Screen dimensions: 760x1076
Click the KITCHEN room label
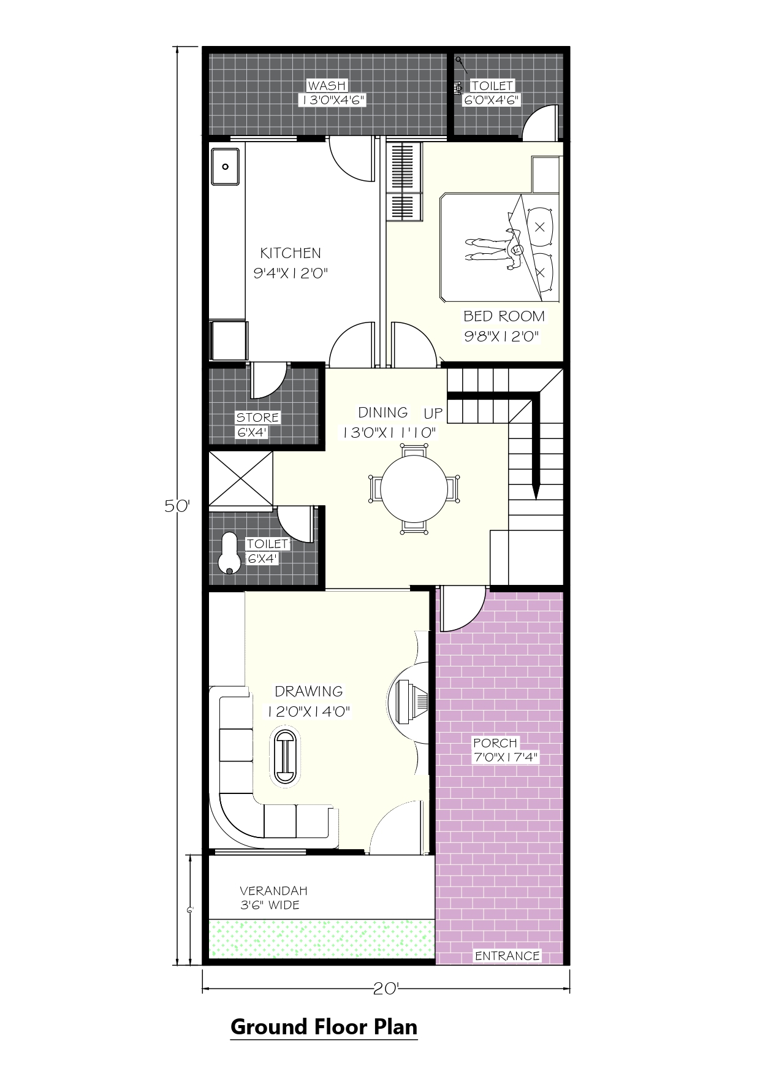291,253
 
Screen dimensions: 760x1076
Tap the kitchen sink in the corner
225,166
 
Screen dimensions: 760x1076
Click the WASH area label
327,86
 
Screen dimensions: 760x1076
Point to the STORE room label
258,418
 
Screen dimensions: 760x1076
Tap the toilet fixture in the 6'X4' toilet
229,553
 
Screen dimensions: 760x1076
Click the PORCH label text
495,743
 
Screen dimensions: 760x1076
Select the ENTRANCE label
507,956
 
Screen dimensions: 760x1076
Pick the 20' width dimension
387,988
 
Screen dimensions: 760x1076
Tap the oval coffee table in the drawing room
285,756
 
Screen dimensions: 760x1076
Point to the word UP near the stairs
433,413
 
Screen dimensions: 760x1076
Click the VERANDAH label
273,891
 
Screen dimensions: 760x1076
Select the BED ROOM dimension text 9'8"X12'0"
504,336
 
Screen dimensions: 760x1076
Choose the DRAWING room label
309,692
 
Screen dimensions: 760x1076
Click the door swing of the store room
269,380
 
